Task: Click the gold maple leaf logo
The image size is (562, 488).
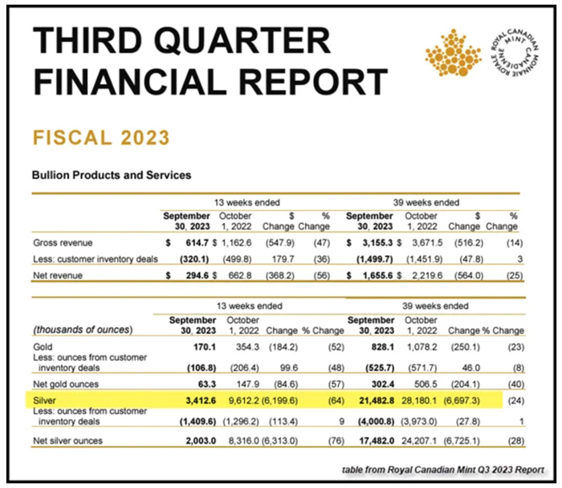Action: tap(452, 55)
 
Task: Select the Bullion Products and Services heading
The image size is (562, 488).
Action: tap(111, 175)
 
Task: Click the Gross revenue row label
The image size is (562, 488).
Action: tap(62, 242)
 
